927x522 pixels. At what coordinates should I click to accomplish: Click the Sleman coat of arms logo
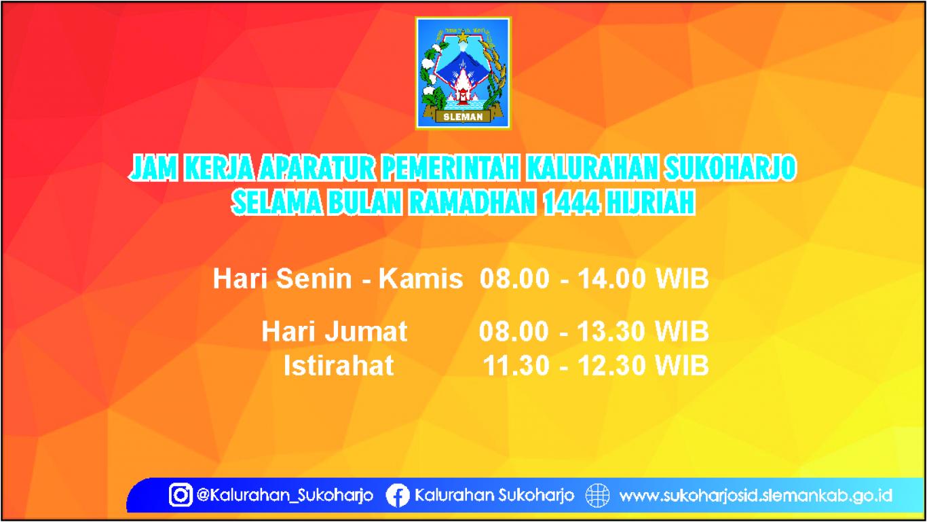click(463, 73)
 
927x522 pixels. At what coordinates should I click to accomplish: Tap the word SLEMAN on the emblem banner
click(463, 117)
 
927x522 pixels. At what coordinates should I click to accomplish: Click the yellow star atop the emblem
click(462, 37)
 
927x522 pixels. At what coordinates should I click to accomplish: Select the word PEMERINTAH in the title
click(450, 168)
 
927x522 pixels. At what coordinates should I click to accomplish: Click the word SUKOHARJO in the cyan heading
click(730, 168)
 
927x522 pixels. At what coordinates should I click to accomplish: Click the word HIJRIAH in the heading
click(649, 203)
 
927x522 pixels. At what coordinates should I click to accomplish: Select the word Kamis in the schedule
click(421, 278)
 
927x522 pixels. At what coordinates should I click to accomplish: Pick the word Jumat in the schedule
click(366, 331)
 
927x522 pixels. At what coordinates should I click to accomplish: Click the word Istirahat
click(339, 365)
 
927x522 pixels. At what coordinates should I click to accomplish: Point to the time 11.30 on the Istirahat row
click(516, 365)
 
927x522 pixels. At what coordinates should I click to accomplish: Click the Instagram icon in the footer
click(181, 495)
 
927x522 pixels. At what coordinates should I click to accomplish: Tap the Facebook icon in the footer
click(398, 495)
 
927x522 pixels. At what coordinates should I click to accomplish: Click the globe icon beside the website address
click(598, 495)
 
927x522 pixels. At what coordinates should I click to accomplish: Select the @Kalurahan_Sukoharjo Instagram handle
click(285, 496)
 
